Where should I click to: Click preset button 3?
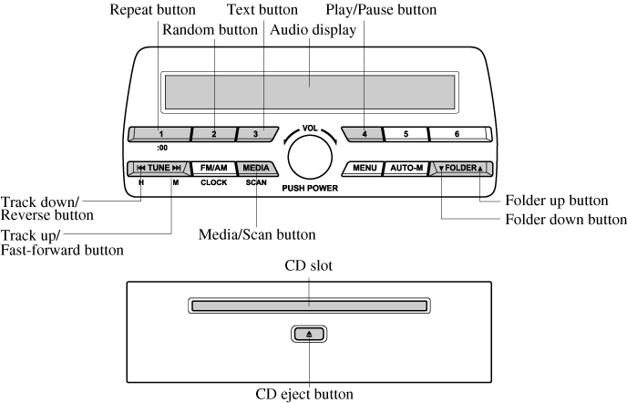[x=256, y=134]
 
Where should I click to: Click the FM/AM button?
[x=214, y=168]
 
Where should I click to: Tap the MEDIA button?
[x=256, y=168]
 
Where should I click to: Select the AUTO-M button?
[x=406, y=168]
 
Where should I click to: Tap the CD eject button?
[x=310, y=335]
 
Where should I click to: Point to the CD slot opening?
[x=310, y=302]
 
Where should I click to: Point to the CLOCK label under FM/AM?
[x=214, y=182]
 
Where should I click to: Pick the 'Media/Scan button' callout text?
[x=258, y=233]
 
